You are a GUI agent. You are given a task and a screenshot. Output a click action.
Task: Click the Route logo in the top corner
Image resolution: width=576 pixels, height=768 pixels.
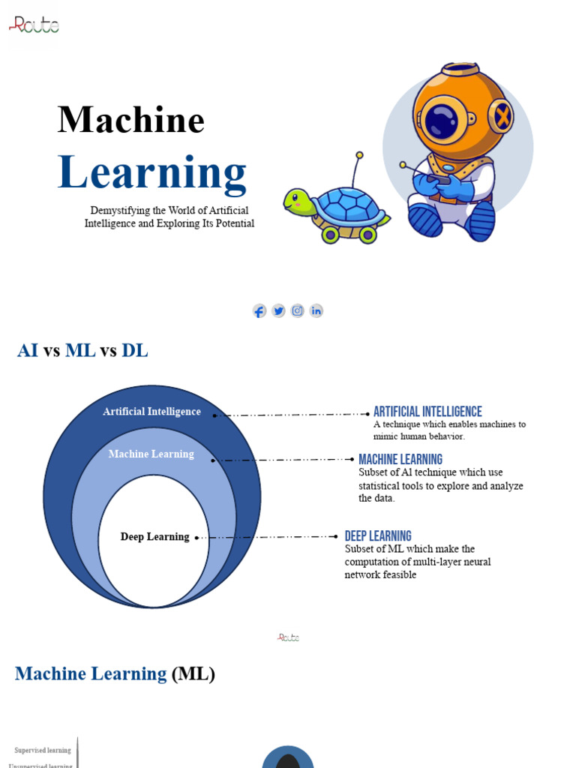pyautogui.click(x=34, y=25)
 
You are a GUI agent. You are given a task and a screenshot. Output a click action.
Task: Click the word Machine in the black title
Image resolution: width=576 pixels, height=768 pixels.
pyautogui.click(x=131, y=120)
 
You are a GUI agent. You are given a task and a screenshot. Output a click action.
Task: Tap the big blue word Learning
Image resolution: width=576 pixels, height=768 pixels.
pyautogui.click(x=152, y=172)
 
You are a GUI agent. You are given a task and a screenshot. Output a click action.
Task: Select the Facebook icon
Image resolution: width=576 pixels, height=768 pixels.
pyautogui.click(x=259, y=310)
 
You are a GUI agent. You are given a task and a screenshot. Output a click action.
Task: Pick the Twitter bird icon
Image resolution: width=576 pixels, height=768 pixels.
pyautogui.click(x=278, y=310)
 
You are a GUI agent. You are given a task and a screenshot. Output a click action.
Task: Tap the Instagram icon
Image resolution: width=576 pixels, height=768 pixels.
pyautogui.click(x=298, y=310)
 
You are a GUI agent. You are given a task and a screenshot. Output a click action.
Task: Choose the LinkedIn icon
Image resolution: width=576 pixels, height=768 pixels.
pyautogui.click(x=316, y=310)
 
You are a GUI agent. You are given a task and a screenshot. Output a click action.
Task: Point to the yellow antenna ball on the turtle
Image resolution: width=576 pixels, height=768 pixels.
pyautogui.click(x=359, y=155)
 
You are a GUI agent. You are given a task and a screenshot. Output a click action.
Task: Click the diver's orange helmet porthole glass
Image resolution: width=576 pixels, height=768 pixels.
pyautogui.click(x=442, y=121)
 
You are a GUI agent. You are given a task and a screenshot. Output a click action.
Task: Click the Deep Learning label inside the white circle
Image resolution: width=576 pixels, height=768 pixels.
pyautogui.click(x=154, y=537)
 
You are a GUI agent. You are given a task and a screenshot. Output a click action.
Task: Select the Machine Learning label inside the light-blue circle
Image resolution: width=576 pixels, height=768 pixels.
pyautogui.click(x=151, y=454)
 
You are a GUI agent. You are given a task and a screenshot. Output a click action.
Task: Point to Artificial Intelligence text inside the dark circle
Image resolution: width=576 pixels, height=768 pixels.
pyautogui.click(x=151, y=412)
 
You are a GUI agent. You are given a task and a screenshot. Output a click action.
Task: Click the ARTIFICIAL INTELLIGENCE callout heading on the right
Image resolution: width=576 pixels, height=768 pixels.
pyautogui.click(x=427, y=412)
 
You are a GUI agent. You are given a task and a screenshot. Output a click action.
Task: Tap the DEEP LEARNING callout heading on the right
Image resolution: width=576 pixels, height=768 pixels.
pyautogui.click(x=378, y=536)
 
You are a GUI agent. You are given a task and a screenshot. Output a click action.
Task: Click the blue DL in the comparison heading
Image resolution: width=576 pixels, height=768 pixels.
pyautogui.click(x=135, y=350)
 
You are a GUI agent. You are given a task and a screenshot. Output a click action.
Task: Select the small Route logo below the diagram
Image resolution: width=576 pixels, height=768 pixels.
pyautogui.click(x=288, y=637)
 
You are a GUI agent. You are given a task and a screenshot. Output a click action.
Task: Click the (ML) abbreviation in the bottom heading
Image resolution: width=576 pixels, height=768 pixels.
pyautogui.click(x=193, y=674)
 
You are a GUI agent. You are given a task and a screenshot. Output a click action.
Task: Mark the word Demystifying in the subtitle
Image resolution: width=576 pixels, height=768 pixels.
pyautogui.click(x=118, y=211)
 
